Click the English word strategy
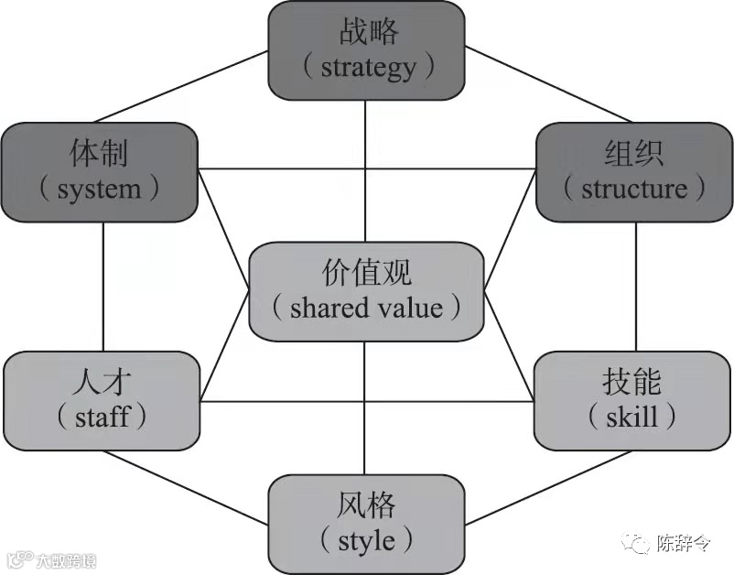(367, 67)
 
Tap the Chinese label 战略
(367, 34)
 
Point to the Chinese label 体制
(99, 154)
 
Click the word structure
(633, 189)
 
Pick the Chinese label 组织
(634, 154)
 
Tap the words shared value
(366, 308)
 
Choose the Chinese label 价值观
(366, 274)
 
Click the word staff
(102, 418)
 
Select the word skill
(631, 418)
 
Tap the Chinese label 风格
(366, 504)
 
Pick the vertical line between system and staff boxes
(103, 286)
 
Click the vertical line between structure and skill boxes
(636, 286)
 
